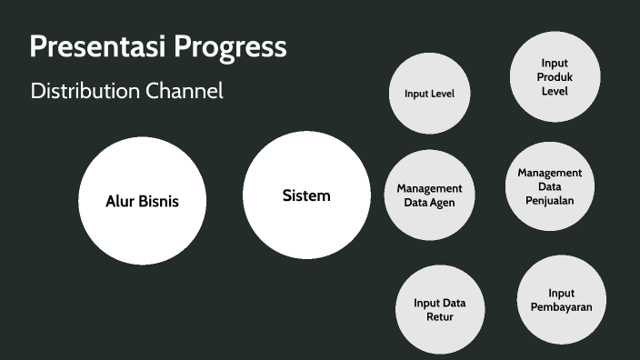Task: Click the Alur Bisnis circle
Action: tap(142, 201)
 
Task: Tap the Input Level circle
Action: tap(429, 94)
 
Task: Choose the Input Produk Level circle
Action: tap(555, 76)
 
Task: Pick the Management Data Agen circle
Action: tap(429, 195)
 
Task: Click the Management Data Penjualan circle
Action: tap(550, 186)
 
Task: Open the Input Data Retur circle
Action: tap(440, 310)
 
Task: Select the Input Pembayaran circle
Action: tap(561, 300)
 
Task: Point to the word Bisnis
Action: tap(158, 201)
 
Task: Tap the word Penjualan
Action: tap(550, 200)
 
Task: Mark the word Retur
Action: tap(440, 317)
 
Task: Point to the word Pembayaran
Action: tap(561, 307)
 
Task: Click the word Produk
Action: tap(555, 77)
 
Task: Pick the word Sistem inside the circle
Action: tap(306, 195)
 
